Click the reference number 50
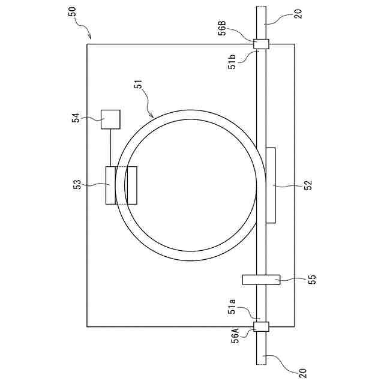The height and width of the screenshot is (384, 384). pyautogui.click(x=72, y=12)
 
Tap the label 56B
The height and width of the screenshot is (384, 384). pyautogui.click(x=223, y=29)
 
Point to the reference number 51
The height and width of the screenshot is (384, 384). pyautogui.click(x=139, y=85)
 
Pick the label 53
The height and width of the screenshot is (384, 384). pyautogui.click(x=77, y=185)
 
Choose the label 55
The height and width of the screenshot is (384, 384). pyautogui.click(x=312, y=279)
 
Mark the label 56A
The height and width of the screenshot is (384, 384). pyautogui.click(x=236, y=336)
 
